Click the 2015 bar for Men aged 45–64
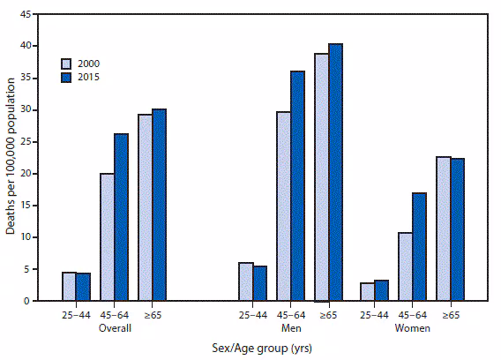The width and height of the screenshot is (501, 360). [297, 186]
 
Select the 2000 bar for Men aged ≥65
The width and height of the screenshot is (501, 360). [321, 177]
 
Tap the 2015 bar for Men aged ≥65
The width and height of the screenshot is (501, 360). [335, 172]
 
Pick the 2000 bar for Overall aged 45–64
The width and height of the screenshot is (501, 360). [107, 237]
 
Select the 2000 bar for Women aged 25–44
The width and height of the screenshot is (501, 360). [368, 292]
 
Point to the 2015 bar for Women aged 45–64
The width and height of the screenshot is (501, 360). [420, 247]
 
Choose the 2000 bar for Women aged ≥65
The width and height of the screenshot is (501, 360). [443, 229]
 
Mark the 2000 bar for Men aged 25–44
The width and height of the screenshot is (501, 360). [245, 281]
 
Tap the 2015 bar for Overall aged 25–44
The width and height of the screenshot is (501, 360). [83, 287]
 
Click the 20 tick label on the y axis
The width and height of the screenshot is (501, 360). [26, 174]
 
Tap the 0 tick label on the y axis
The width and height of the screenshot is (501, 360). [29, 301]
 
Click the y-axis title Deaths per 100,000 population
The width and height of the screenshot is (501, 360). [11, 157]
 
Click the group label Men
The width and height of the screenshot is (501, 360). [291, 327]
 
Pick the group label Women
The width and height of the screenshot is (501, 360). [413, 327]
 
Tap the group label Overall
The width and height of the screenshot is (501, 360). [114, 327]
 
